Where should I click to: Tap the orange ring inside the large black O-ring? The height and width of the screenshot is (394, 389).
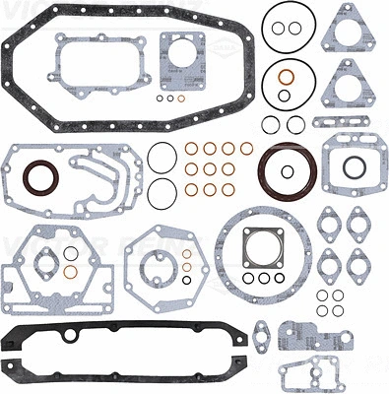pos(286,77)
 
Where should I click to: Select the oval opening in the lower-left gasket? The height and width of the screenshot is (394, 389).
pos(45,263)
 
